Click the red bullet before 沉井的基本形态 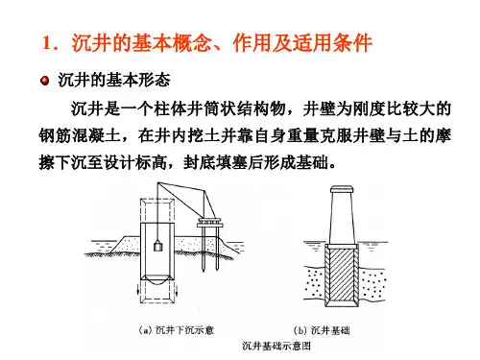tap(45, 80)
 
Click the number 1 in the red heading tap(47, 42)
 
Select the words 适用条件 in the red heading tap(333, 42)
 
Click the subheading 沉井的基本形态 tap(114, 80)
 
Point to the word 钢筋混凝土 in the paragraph tap(80, 135)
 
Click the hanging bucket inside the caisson tap(158, 246)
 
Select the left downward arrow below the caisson tap(138, 290)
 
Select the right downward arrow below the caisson tap(177, 290)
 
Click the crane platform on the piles tap(210, 223)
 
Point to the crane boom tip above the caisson tap(157, 183)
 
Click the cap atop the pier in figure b tap(342, 189)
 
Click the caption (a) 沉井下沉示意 tap(177, 330)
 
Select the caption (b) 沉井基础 tap(322, 330)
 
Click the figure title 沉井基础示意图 tap(276, 346)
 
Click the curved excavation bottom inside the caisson tap(157, 282)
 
